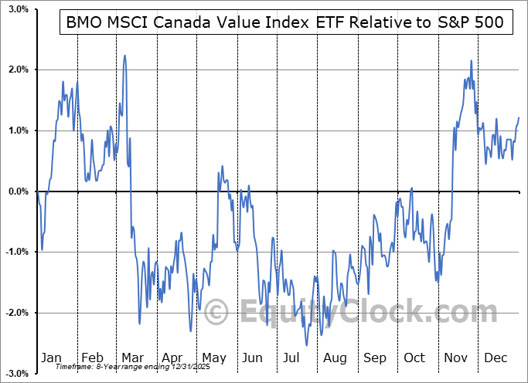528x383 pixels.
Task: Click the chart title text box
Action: click(284, 22)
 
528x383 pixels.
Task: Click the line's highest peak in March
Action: click(124, 56)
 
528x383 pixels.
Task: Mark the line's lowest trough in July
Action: click(307, 345)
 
